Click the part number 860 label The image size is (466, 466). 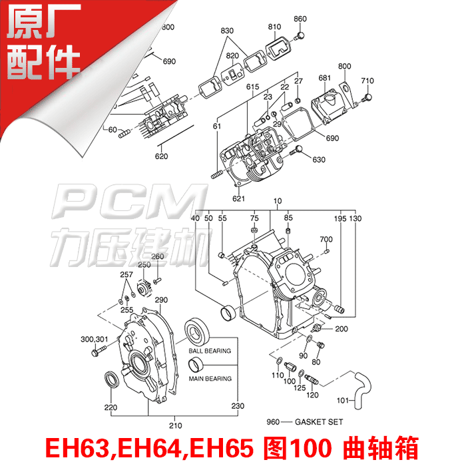(x=300, y=19)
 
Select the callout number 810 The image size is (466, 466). (x=275, y=27)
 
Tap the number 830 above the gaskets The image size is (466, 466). (x=228, y=31)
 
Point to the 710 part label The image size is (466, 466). (x=367, y=81)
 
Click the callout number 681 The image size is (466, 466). (x=324, y=79)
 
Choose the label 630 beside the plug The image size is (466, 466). (x=319, y=160)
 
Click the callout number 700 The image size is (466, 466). (x=326, y=239)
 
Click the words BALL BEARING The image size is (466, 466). (x=210, y=351)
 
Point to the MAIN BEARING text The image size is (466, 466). (x=210, y=379)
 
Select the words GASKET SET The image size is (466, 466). (x=307, y=421)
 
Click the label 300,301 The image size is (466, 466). (x=94, y=338)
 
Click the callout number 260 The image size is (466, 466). (x=158, y=257)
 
